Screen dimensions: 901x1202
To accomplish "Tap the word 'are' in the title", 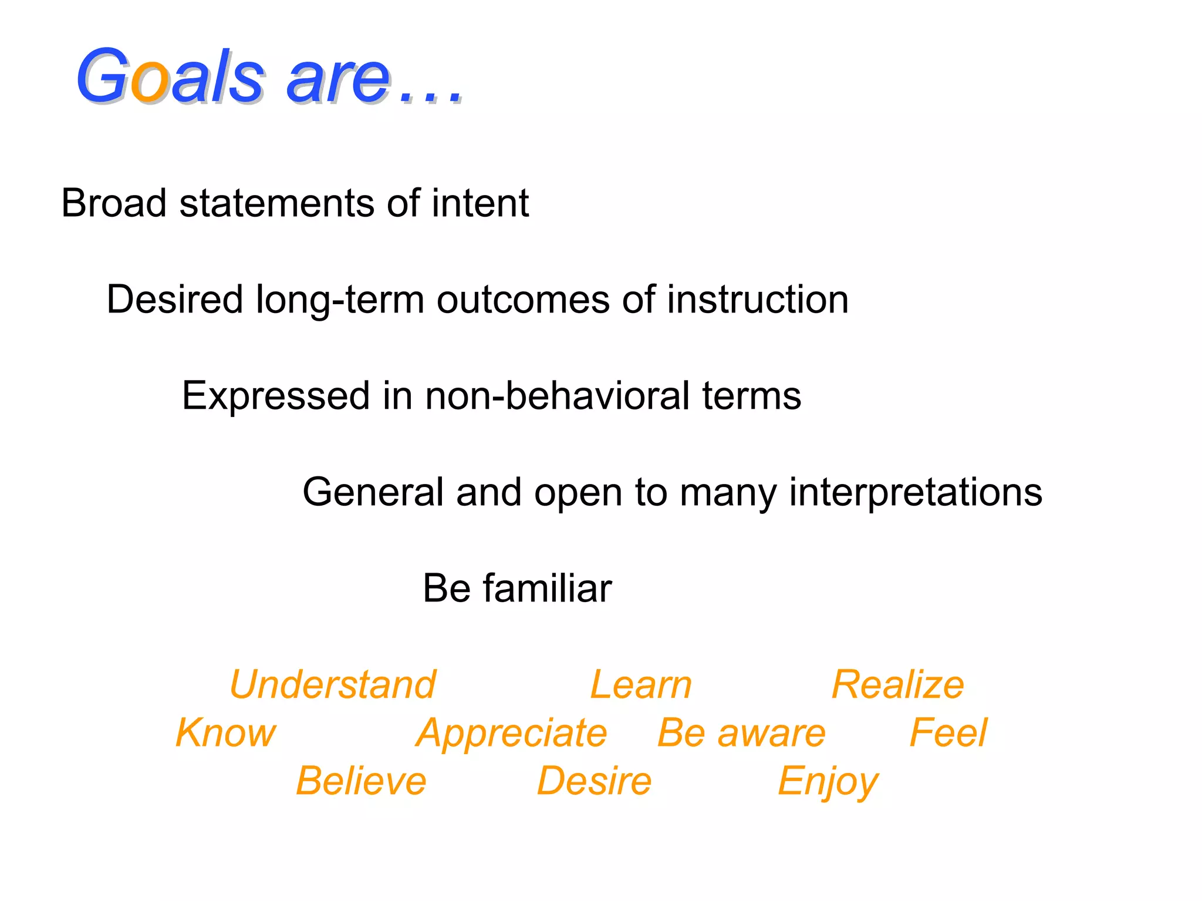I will click(x=337, y=80).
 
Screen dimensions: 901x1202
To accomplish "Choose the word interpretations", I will click(x=915, y=492).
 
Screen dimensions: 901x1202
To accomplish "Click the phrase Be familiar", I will click(x=517, y=588).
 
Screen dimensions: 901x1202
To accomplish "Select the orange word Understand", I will click(x=333, y=685).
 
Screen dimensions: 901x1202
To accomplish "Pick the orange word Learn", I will click(x=641, y=685).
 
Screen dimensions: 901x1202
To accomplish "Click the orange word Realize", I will click(x=897, y=685).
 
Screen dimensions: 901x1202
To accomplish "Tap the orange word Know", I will click(x=225, y=733).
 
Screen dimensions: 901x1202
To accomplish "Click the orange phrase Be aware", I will click(x=741, y=733).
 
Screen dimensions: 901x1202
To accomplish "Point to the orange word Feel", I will click(x=948, y=733).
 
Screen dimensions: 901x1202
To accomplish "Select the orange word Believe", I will click(x=361, y=781).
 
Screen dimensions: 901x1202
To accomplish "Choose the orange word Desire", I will click(x=594, y=781).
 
